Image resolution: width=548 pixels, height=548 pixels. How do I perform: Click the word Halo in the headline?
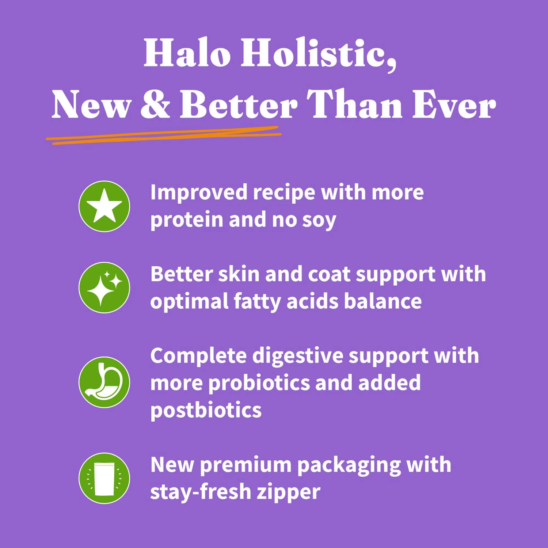(x=187, y=53)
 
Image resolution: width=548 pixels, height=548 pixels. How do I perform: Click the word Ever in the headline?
(x=454, y=104)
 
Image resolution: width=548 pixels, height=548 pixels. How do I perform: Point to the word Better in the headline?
(x=239, y=104)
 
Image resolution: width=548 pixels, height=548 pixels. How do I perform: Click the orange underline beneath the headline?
(x=164, y=136)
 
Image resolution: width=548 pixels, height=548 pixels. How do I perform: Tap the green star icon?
(x=104, y=206)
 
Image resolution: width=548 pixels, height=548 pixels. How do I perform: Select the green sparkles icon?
(x=104, y=288)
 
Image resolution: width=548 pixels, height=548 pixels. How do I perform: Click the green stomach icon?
(x=104, y=382)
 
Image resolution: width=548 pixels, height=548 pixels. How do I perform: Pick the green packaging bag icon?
(x=104, y=478)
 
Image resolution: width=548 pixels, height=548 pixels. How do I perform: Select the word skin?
(x=239, y=274)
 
